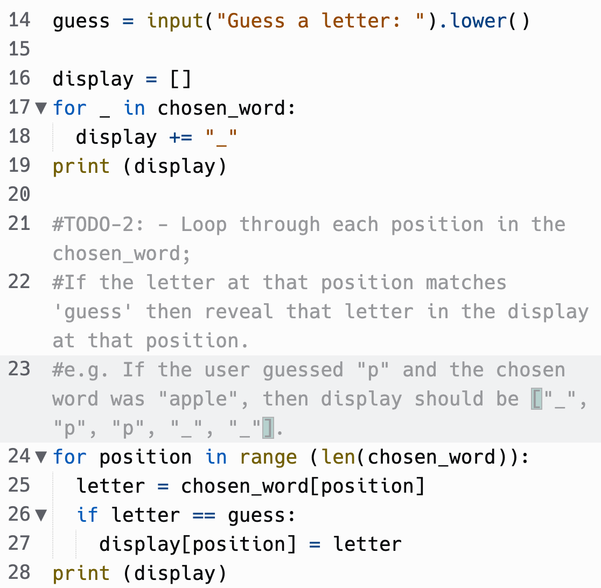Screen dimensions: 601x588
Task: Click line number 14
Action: [x=19, y=20]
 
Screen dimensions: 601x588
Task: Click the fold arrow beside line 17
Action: [x=41, y=108]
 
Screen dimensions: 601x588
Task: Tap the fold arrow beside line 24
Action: [x=41, y=457]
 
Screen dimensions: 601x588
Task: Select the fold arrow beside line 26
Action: [x=41, y=515]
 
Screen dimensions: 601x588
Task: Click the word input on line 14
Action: [x=175, y=21]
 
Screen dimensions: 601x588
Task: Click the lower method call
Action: [x=478, y=20]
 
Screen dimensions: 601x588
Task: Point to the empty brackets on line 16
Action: [x=180, y=79]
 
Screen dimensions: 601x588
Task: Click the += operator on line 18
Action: [x=180, y=137]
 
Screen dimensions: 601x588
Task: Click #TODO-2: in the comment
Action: [x=98, y=224]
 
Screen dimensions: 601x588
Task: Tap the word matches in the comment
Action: [x=466, y=283]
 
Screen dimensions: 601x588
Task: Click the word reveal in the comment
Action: [x=239, y=311]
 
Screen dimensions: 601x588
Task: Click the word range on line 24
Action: [x=268, y=458]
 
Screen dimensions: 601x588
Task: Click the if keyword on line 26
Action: [x=87, y=515]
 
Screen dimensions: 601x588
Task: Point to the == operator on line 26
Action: [x=204, y=515]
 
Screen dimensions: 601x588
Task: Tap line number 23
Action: [x=19, y=369]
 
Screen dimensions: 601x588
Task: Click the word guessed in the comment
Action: [x=303, y=370]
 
